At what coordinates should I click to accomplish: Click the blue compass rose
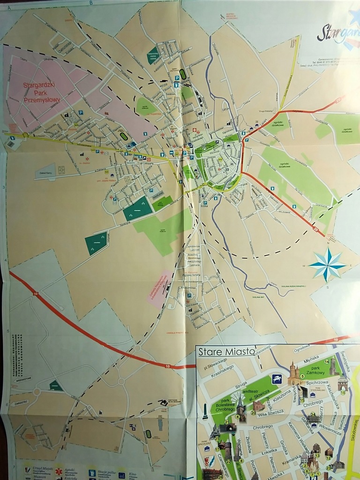[327, 264]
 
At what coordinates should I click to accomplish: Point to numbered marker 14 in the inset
[327, 361]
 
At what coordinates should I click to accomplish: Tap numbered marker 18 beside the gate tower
[343, 393]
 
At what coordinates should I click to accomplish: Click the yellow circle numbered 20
[253, 413]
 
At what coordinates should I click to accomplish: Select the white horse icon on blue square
[277, 379]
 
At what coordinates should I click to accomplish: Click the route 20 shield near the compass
[315, 229]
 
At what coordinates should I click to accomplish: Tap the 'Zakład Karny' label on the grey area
[45, 172]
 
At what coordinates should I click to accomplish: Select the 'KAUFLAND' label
[157, 193]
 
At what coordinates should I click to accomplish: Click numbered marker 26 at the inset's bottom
[220, 477]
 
